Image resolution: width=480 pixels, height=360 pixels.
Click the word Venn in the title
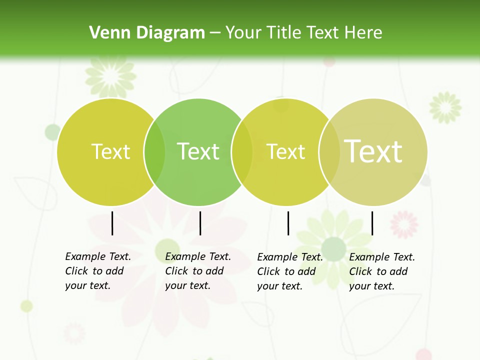105,32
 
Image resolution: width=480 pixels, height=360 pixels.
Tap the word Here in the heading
363,32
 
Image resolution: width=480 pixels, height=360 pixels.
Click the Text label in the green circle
198,151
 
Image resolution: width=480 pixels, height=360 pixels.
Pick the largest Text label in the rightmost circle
373,151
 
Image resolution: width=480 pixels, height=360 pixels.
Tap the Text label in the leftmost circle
110,151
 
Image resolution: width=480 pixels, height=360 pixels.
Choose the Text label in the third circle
286,151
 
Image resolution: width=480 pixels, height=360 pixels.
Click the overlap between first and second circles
154,152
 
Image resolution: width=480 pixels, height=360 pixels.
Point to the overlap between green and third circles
242,152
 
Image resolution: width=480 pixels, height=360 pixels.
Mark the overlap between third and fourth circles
329,152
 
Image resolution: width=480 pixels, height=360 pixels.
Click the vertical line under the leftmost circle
112,223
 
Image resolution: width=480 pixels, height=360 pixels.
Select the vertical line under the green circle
200,223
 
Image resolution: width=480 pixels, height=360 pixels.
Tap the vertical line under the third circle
288,223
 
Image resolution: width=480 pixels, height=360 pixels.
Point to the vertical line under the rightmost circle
372,223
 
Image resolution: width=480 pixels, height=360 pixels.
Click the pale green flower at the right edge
445,106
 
